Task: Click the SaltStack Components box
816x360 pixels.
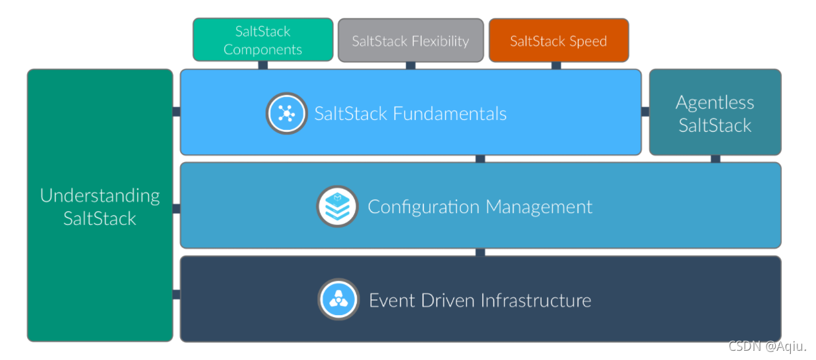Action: [x=263, y=40]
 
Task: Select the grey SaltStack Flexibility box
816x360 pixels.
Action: [x=410, y=41]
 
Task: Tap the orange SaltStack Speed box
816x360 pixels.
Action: [x=558, y=41]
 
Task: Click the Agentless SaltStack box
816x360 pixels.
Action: [x=715, y=113]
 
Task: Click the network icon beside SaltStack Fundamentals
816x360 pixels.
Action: [x=286, y=113]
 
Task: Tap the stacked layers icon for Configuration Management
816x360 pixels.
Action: [x=337, y=206]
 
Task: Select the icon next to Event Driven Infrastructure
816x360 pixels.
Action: [x=338, y=300]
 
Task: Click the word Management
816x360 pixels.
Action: [x=540, y=207]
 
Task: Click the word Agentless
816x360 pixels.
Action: [x=715, y=102]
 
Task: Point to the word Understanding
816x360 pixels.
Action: [x=100, y=196]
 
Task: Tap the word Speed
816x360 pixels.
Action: [x=586, y=41]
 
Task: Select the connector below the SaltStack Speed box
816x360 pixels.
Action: [x=556, y=65]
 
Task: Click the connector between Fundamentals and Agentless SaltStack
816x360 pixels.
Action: [x=645, y=111]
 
